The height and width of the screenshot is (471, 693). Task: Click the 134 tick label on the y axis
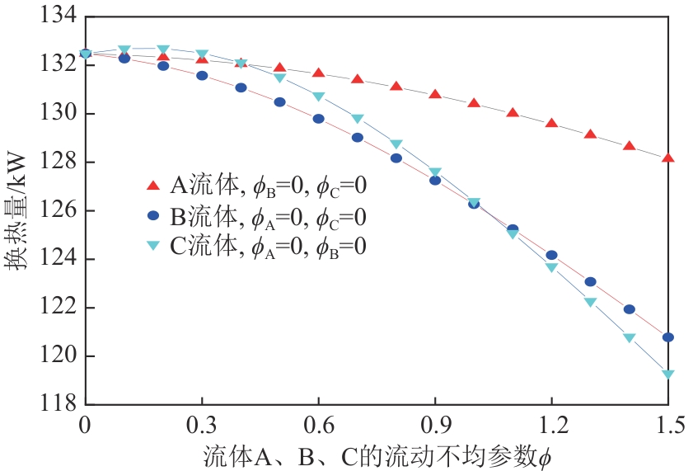[57, 16]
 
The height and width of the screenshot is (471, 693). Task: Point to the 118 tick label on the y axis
[57, 405]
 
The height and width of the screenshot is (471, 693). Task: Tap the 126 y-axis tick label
[57, 211]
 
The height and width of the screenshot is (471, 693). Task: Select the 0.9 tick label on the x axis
[434, 426]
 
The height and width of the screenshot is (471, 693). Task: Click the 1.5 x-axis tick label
[668, 426]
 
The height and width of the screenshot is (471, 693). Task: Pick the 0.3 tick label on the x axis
[202, 426]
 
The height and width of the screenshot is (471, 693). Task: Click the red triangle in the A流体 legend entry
[152, 185]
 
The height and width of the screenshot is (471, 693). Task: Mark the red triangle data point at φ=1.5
[668, 158]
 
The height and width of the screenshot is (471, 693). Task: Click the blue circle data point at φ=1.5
[668, 337]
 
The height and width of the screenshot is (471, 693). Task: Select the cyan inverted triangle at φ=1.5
[668, 374]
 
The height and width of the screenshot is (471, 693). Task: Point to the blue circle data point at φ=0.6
[319, 119]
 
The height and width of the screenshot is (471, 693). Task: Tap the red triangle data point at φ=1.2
[551, 123]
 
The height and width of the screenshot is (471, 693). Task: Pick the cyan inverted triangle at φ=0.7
[358, 119]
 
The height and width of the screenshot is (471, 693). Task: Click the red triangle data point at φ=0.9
[435, 94]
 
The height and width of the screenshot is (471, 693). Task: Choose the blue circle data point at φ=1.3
[590, 281]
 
